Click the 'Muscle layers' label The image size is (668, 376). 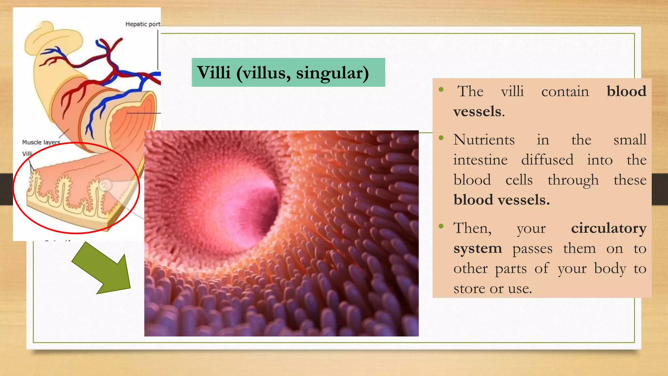point(41,142)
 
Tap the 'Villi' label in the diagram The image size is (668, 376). point(27,154)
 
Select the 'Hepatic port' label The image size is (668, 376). point(143,24)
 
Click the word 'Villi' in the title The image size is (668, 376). point(214,72)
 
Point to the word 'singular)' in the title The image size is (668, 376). point(332,73)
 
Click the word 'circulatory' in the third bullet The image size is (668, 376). point(609,228)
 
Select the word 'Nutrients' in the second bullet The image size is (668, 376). point(484,140)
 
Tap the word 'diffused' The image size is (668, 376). point(547,160)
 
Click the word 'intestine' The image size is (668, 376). point(480,160)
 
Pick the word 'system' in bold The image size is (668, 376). point(478,249)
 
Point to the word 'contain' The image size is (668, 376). point(565,91)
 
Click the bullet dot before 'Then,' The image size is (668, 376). point(441,226)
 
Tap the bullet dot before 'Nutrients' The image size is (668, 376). point(441,138)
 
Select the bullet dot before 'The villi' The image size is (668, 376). point(441,89)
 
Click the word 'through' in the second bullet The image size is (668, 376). point(573,180)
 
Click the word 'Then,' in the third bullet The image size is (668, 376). point(472,228)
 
